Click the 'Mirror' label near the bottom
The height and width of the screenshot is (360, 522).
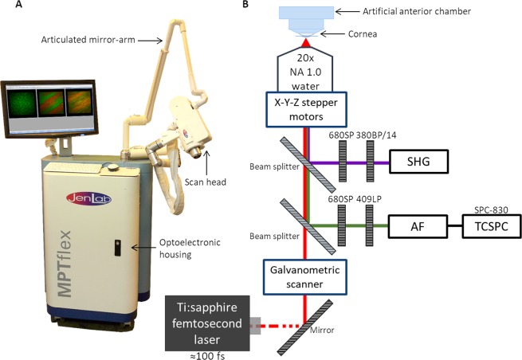tap(322, 327)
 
